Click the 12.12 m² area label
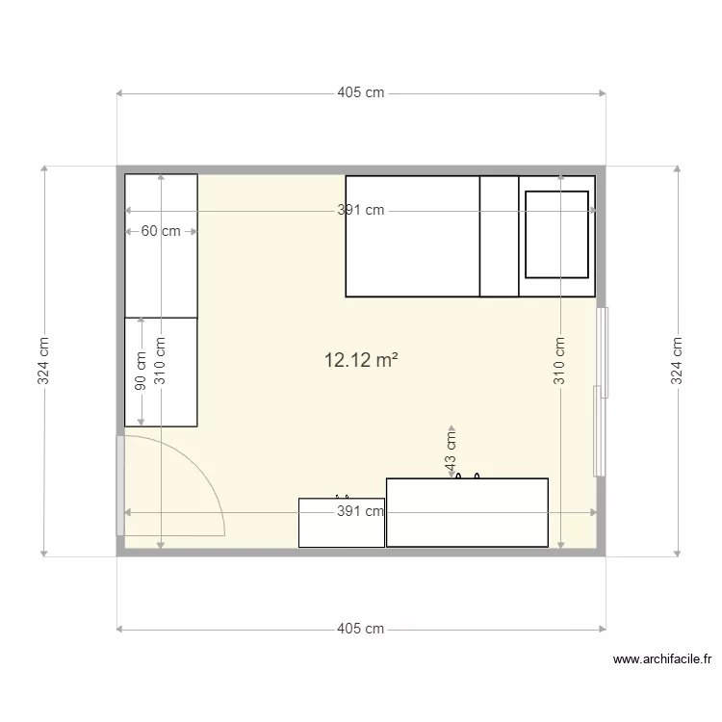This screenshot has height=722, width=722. coord(362,361)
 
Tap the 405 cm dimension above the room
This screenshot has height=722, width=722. coord(361,93)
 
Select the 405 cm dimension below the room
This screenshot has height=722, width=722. coord(361,630)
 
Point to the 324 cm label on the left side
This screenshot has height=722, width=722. coord(44,361)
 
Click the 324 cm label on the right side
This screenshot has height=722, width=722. coord(677,361)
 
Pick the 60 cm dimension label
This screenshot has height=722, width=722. coord(161,232)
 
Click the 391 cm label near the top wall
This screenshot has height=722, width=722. coord(361,211)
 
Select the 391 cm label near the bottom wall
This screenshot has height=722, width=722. coord(361,512)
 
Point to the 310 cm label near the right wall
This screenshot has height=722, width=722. coord(559,361)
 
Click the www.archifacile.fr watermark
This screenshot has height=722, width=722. coord(662,660)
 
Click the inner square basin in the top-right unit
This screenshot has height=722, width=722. coord(556,234)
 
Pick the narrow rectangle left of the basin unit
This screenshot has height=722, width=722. coord(499,236)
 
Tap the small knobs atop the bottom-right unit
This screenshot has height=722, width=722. coord(468,476)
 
